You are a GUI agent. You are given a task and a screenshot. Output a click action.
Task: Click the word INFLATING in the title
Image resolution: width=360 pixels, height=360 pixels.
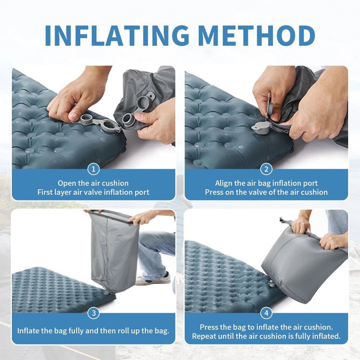(117, 35)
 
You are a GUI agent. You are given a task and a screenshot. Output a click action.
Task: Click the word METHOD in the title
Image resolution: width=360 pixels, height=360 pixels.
(256, 35)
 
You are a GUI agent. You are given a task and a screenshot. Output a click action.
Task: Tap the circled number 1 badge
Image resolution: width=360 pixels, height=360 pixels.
(94, 169)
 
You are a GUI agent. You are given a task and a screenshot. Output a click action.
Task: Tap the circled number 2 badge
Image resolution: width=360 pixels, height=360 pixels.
(266, 169)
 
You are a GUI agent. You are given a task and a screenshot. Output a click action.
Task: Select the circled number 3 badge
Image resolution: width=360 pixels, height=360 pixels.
(94, 313)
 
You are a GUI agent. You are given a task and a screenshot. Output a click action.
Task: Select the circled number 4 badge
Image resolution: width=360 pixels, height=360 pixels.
(266, 313)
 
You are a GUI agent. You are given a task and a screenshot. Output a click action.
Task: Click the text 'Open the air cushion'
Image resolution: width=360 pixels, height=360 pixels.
(93, 183)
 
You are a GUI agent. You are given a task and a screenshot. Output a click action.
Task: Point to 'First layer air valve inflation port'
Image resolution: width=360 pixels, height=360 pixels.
(93, 192)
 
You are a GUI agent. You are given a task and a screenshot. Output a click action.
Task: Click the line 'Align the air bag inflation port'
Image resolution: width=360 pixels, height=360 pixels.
(266, 183)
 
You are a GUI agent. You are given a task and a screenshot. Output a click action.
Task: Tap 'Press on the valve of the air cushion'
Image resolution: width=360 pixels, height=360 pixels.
(266, 192)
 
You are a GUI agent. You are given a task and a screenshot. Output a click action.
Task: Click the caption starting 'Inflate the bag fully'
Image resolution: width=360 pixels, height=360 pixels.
(93, 331)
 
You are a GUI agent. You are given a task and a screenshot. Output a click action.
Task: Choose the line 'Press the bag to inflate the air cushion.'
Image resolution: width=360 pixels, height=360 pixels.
(266, 327)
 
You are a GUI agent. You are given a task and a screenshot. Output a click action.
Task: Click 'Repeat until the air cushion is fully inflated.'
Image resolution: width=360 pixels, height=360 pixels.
(266, 336)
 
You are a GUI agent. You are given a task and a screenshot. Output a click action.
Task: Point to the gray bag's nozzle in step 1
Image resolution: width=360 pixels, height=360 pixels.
(129, 118)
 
